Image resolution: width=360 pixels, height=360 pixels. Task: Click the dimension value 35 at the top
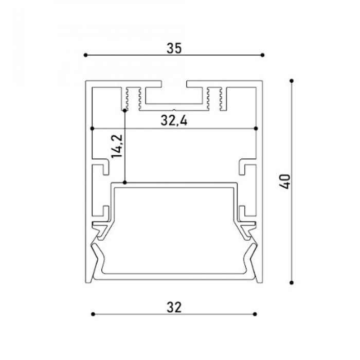pos(174,48)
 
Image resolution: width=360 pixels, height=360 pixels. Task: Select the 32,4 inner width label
pos(174,120)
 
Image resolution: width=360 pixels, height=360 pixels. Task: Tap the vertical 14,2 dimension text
pos(117,146)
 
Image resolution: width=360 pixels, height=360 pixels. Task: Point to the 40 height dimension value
pos(285,182)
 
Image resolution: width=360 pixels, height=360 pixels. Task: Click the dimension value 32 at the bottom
pos(174,308)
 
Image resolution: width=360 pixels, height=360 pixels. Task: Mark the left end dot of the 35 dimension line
pos(86,55)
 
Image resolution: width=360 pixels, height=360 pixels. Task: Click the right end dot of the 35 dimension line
pos(263,55)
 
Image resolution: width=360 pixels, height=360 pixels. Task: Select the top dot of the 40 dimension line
pos(292,81)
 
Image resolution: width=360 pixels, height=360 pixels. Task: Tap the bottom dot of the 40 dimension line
pos(292,283)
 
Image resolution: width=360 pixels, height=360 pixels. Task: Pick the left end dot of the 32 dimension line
pos(93,314)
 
